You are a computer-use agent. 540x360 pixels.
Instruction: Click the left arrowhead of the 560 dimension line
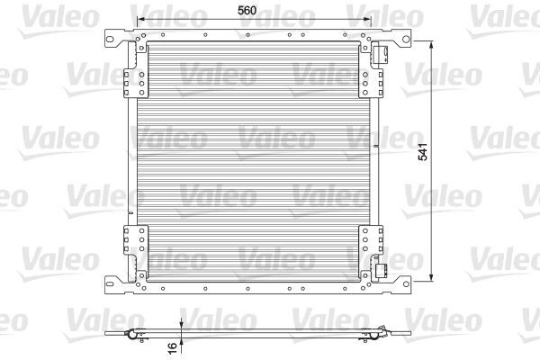tap(138, 20)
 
